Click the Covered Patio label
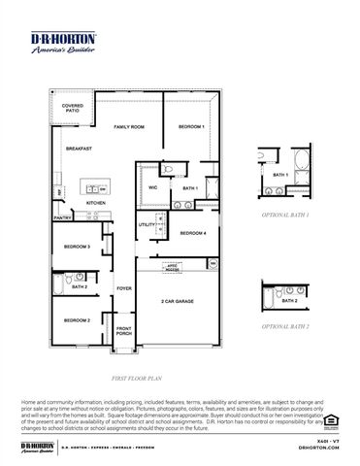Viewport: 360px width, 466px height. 72,109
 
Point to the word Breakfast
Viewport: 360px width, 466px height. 79,148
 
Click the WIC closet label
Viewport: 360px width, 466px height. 153,186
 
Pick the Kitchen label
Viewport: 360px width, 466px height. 123,203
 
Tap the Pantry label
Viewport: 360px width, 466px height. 63,218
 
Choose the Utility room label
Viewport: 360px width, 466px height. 146,224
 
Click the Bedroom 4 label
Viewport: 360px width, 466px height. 192,233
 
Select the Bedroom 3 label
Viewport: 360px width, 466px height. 78,247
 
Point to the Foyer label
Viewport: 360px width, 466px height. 124,288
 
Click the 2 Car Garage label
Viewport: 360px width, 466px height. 178,302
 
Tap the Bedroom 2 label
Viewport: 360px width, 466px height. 78,320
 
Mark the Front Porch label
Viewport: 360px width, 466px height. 124,331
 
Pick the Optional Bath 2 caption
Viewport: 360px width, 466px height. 286,328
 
